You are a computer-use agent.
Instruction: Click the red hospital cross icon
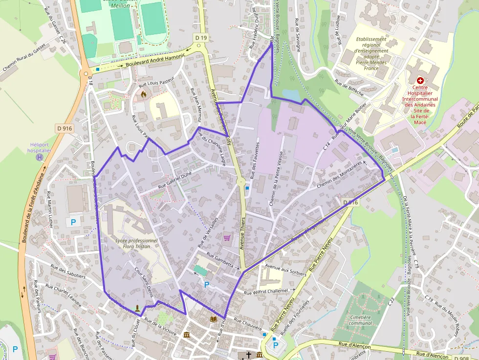pos(419,80)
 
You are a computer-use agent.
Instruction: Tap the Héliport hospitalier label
pos(39,148)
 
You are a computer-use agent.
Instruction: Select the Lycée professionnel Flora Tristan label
pos(136,243)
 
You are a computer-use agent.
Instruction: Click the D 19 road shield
pos(200,38)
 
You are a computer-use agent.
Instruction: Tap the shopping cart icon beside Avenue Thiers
pos(227,238)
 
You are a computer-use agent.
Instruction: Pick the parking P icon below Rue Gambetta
pos(207,284)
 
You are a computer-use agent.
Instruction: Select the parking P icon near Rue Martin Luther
pos(73,222)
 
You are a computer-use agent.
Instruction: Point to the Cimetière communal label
pos(361,320)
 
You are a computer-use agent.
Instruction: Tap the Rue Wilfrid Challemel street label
pos(265,292)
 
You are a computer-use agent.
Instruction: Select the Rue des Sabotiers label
pos(68,271)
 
